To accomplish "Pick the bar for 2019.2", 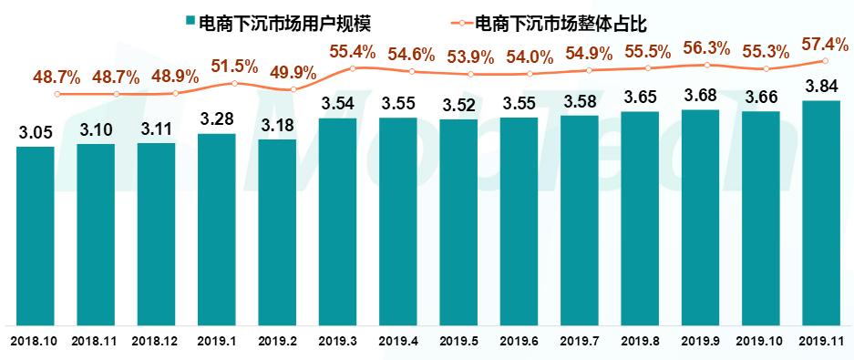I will pyautogui.click(x=277, y=232).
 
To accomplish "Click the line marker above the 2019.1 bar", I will pyautogui.click(x=235, y=84).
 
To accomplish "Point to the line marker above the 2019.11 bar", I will pyautogui.click(x=824, y=61).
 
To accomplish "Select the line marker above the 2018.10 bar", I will pyautogui.click(x=57, y=94).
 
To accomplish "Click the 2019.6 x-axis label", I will pyautogui.click(x=519, y=341).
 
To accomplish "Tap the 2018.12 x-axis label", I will pyautogui.click(x=156, y=341).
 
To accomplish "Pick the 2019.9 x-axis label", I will pyautogui.click(x=700, y=341).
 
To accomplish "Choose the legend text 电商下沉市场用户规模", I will pyautogui.click(x=285, y=20).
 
